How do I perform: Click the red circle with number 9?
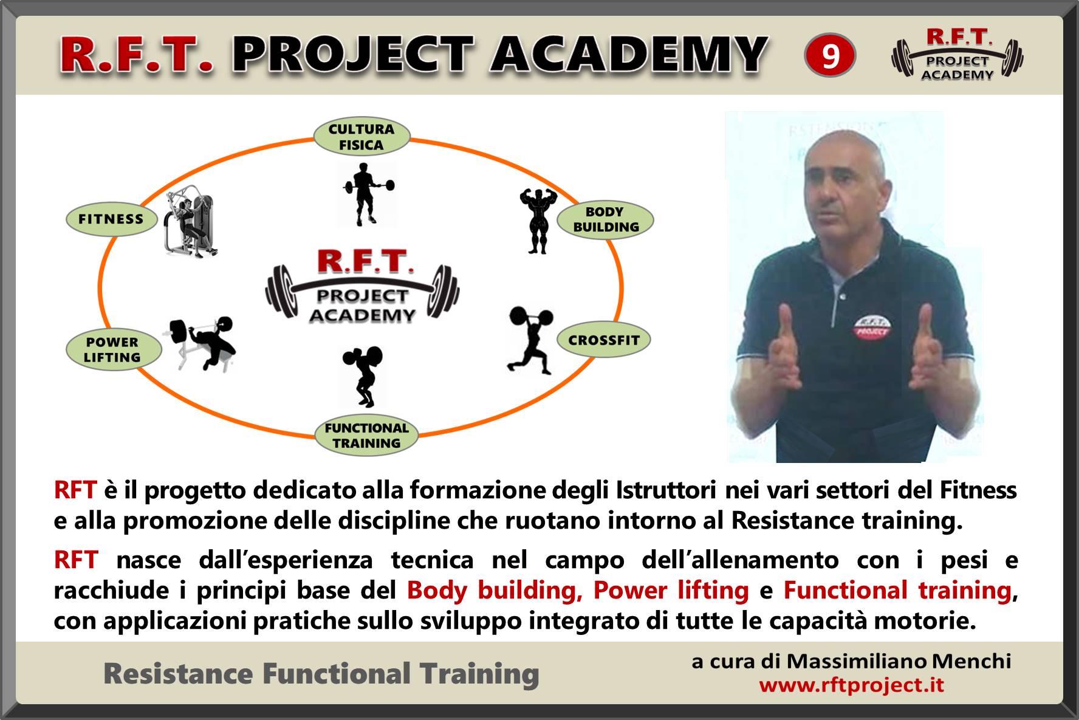830,55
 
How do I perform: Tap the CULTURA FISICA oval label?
361,137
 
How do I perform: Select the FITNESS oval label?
111,219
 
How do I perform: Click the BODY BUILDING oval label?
605,219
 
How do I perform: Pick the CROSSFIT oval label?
604,340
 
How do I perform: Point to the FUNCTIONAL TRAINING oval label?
366,436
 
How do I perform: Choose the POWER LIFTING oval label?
113,349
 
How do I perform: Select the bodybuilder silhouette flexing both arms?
538,220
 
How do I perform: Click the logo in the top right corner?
957,55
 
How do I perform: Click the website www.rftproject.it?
851,685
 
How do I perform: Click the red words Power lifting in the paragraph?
671,590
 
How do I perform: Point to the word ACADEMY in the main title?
629,55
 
